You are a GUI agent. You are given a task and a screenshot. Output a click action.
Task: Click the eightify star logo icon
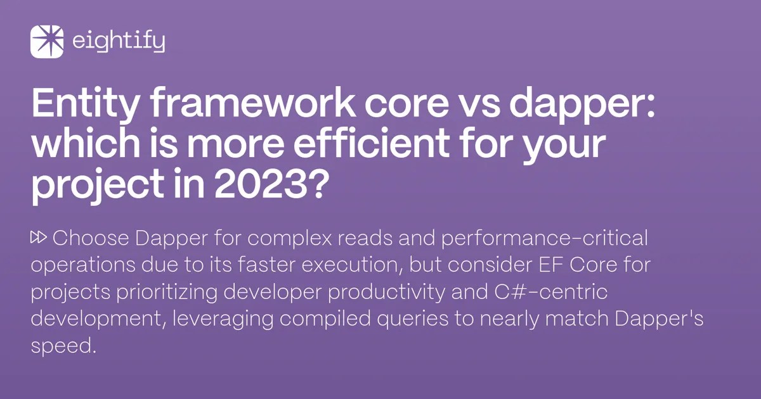click(47, 42)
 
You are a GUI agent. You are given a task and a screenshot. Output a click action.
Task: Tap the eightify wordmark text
click(119, 42)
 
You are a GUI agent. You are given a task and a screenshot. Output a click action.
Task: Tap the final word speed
click(62, 346)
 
